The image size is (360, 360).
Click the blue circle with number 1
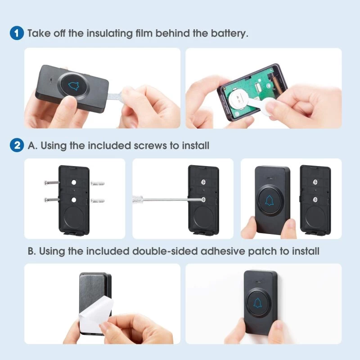[17, 33]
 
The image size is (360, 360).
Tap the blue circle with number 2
[17, 145]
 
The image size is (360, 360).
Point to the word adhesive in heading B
[223, 251]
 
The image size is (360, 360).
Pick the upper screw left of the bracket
[52, 183]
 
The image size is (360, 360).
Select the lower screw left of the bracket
[52, 200]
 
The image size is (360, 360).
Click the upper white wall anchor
[98, 183]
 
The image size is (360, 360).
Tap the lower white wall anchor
[98, 201]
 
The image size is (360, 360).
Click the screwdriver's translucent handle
[138, 199]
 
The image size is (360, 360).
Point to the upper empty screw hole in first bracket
[74, 183]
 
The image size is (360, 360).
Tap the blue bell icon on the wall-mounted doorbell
[257, 302]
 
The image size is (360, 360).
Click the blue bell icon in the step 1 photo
[74, 86]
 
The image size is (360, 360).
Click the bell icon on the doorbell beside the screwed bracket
[270, 200]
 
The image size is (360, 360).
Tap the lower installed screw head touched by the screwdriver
[203, 199]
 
